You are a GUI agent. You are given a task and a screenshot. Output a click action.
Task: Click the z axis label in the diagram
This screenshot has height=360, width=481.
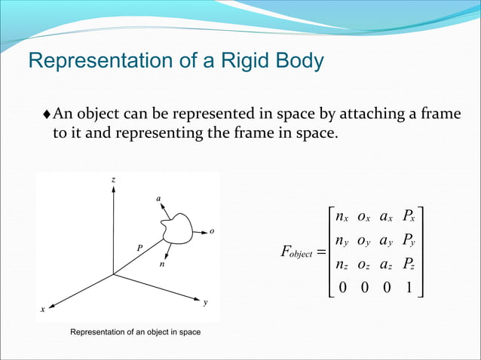click(113, 179)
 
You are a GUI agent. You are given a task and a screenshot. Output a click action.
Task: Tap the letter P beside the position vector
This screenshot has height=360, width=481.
click(139, 247)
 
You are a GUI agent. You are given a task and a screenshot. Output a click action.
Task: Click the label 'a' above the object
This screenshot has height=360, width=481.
click(158, 199)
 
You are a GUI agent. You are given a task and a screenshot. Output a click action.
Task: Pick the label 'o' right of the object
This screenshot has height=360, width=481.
click(212, 231)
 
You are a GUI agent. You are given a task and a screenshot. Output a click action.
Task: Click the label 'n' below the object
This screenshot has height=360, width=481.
click(161, 264)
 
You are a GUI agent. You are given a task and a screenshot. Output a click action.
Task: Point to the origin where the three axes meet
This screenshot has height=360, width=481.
click(113, 274)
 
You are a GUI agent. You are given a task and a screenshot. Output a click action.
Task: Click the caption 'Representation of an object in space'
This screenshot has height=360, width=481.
click(135, 332)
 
